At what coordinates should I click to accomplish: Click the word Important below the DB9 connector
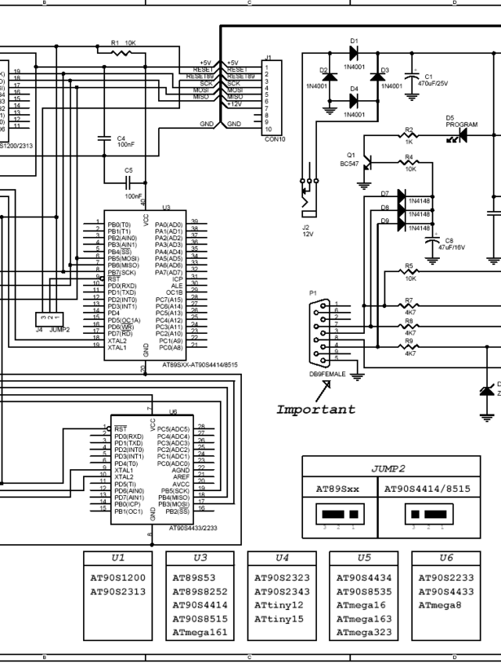[315, 409]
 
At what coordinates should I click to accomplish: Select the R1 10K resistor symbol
[121, 53]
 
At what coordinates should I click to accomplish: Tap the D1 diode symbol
[353, 53]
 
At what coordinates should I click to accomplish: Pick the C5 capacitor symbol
[128, 182]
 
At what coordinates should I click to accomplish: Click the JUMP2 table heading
[387, 468]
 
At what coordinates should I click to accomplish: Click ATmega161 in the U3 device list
[200, 633]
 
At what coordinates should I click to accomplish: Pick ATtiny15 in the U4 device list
[278, 619]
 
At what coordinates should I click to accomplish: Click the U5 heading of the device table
[364, 558]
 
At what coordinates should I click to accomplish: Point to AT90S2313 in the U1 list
[117, 591]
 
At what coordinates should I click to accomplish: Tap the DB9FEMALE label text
[327, 375]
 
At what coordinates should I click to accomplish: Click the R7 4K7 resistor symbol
[409, 305]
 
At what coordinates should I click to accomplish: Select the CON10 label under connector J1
[275, 138]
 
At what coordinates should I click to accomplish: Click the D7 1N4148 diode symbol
[402, 195]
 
